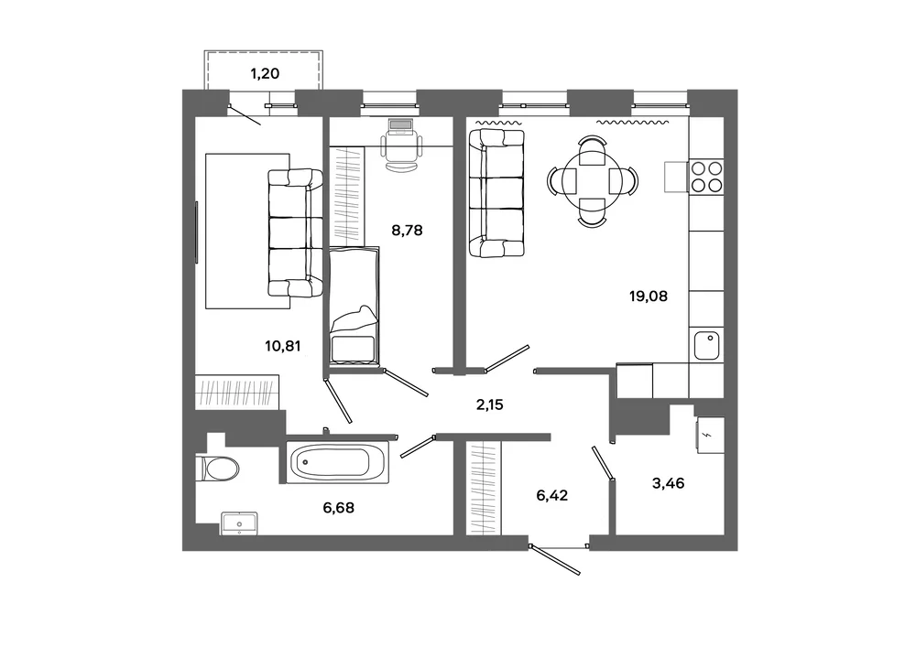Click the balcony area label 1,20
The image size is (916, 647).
(x=265, y=73)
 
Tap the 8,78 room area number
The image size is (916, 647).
(x=407, y=231)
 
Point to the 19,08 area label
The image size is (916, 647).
(x=648, y=296)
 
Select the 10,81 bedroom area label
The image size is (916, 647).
(x=283, y=346)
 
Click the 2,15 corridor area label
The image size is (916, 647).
(x=489, y=404)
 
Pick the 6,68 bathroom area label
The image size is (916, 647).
(x=338, y=508)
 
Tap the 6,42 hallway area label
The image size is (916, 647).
(x=552, y=495)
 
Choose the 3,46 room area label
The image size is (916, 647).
(x=669, y=483)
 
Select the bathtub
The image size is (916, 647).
(x=338, y=463)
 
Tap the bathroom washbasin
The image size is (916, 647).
(x=239, y=523)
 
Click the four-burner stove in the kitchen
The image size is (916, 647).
(x=707, y=177)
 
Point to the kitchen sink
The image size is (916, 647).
(x=706, y=345)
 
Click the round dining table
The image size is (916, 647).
(x=593, y=181)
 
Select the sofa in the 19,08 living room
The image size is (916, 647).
(x=496, y=193)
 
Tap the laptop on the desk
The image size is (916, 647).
(x=401, y=125)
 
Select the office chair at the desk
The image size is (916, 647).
(x=401, y=152)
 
